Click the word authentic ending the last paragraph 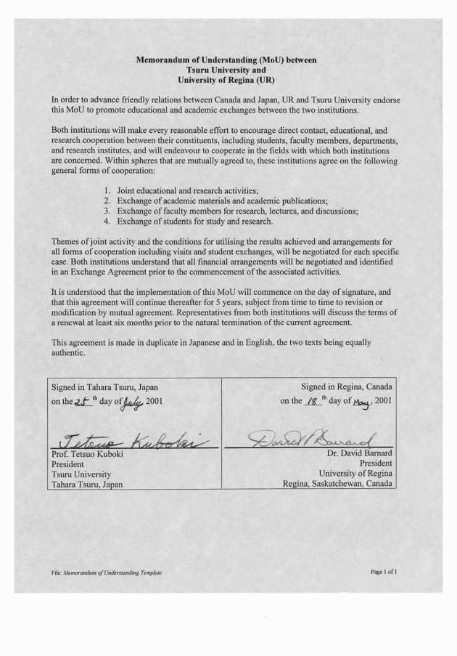click(x=68, y=353)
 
